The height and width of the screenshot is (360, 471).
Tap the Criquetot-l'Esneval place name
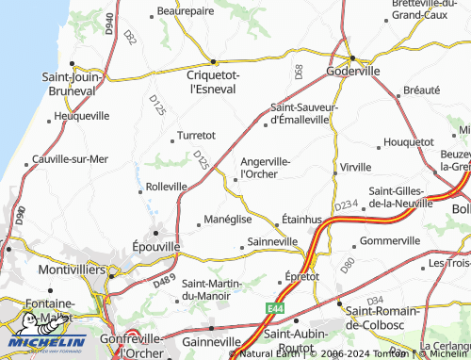pyautogui.click(x=215, y=81)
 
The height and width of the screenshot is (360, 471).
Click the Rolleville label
pyautogui.click(x=167, y=187)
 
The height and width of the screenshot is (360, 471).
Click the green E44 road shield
pyautogui.click(x=274, y=307)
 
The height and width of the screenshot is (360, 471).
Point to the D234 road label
pyautogui.click(x=346, y=205)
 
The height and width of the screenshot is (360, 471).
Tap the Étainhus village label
pyautogui.click(x=302, y=220)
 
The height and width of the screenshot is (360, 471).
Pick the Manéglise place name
pyautogui.click(x=228, y=219)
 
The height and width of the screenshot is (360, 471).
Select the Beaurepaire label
pyautogui.click(x=181, y=11)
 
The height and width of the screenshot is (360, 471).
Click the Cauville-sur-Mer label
pyautogui.click(x=70, y=159)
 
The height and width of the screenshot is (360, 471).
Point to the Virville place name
pyautogui.click(x=355, y=167)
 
